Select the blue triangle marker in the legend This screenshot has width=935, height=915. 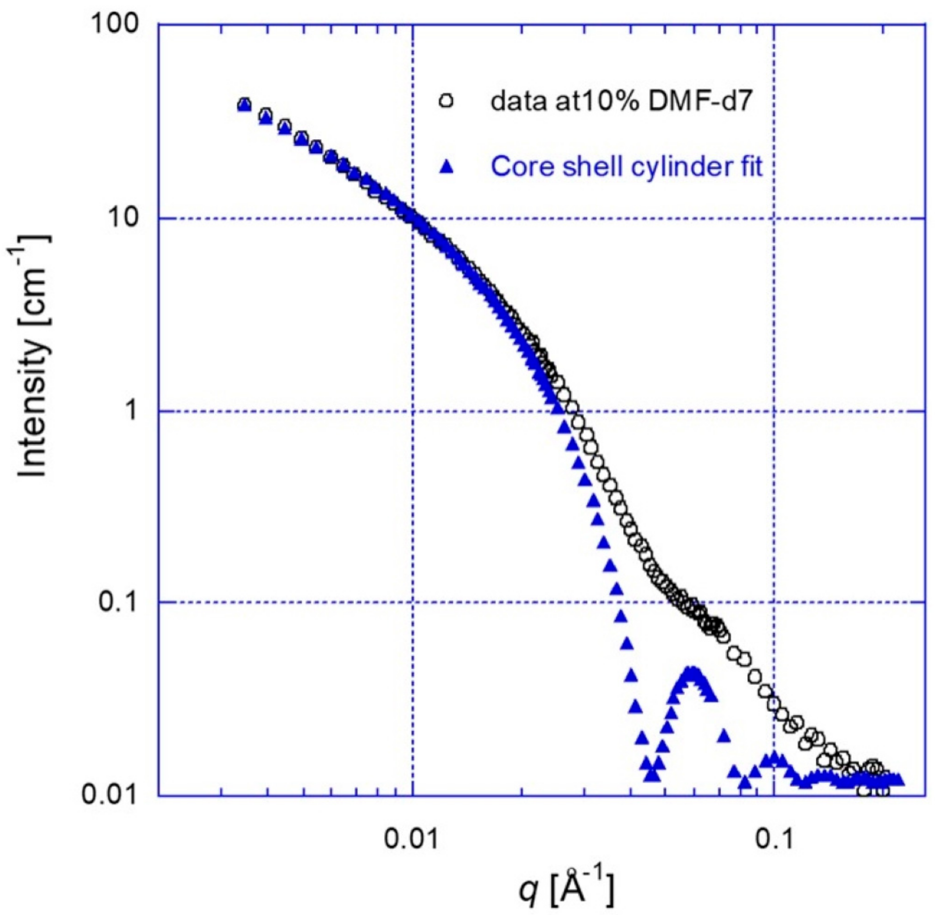click(x=447, y=167)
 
